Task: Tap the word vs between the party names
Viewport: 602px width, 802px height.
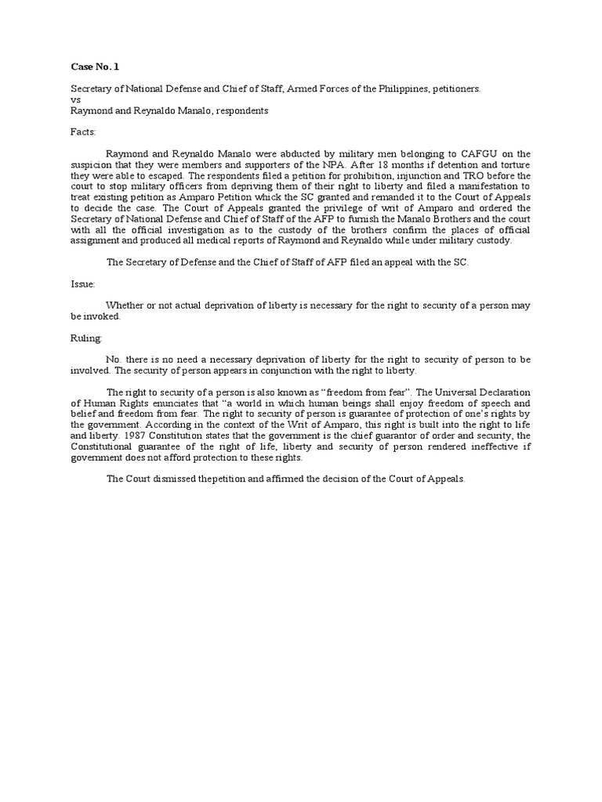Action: pos(75,100)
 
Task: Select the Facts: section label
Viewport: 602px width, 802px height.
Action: pos(84,133)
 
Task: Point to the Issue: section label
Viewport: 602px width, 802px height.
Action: pos(83,284)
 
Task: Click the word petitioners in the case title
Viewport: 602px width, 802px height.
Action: pos(453,89)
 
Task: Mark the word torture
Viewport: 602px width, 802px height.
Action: pos(513,164)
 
